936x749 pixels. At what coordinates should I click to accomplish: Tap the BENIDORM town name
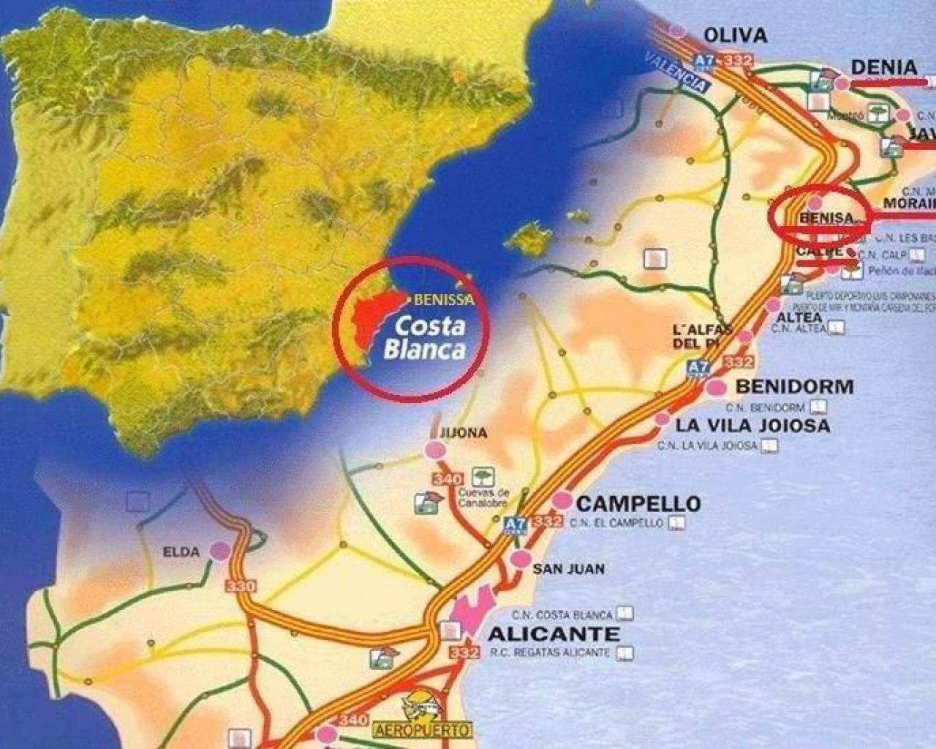(794, 386)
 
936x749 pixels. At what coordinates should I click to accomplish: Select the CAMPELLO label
(638, 503)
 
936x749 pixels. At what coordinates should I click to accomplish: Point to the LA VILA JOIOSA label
(753, 425)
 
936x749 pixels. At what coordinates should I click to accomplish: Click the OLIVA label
(735, 34)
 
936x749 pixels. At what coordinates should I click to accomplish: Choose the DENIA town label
(884, 67)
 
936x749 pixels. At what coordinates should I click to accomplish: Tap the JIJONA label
(464, 433)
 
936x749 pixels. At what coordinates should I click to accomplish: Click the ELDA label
(181, 552)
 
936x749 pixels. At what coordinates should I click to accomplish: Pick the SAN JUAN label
(568, 568)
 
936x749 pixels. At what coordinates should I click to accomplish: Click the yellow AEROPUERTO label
(422, 729)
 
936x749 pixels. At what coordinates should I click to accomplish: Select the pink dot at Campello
(562, 500)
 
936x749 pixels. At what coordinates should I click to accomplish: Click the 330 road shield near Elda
(241, 586)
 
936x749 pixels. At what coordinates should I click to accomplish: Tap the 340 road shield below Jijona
(448, 480)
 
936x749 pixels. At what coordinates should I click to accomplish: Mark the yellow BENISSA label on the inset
(444, 299)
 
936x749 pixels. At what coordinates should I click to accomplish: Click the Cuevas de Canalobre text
(483, 497)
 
